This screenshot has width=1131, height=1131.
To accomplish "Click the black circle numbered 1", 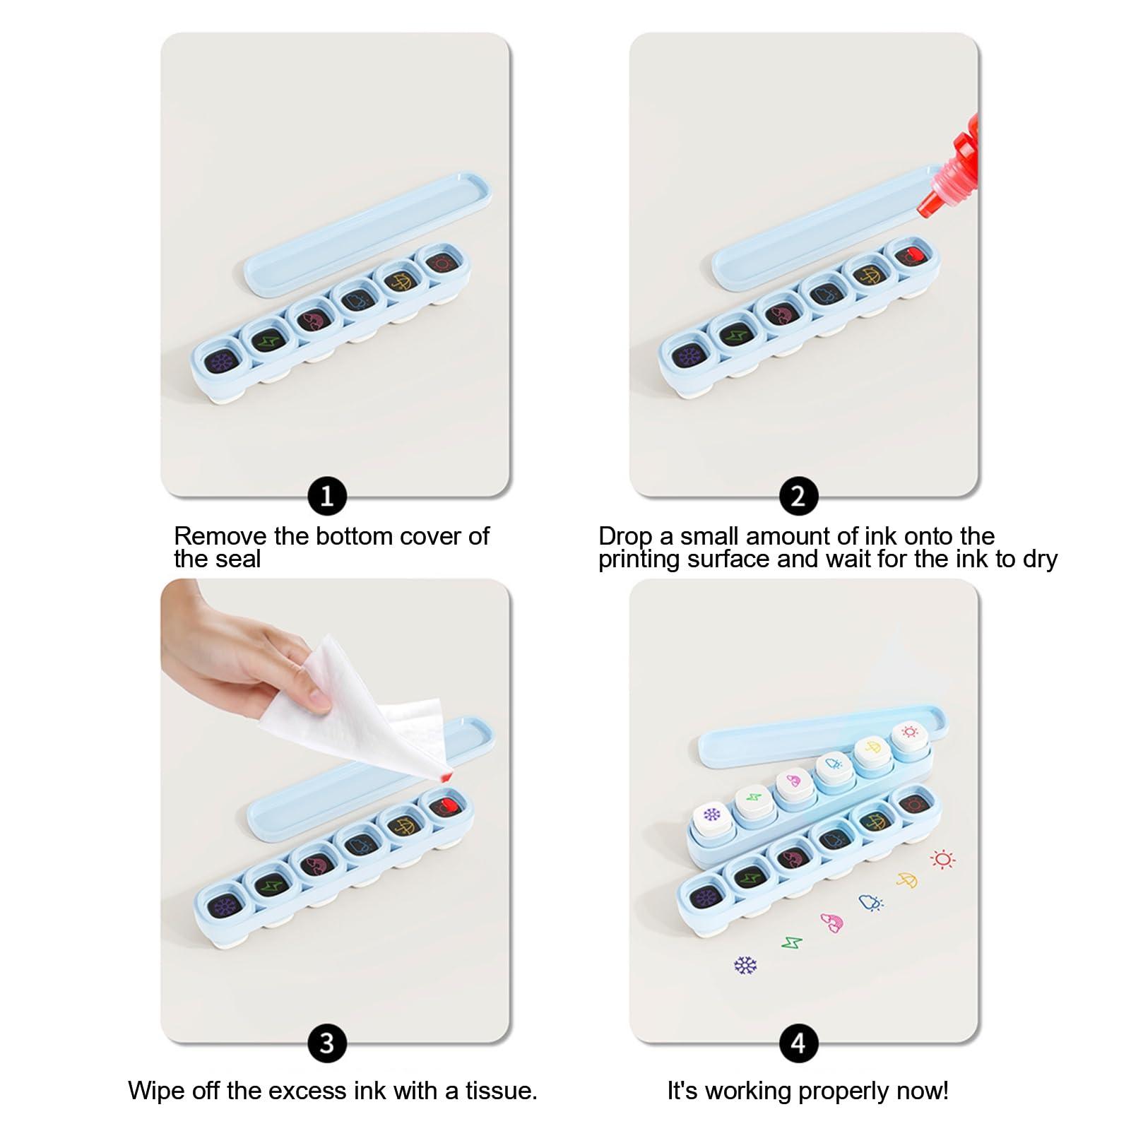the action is [327, 496].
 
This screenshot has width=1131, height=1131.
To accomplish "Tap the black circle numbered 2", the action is [798, 496].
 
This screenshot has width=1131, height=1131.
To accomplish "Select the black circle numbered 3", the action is [327, 1043].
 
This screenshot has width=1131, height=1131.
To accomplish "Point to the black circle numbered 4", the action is [798, 1043].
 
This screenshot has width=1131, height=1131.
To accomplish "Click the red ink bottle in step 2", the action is [950, 170].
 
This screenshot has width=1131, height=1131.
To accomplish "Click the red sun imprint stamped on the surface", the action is [942, 859].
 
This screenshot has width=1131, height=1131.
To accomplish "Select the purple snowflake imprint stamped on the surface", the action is [745, 965].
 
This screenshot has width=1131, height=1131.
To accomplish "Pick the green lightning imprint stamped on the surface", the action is [792, 942].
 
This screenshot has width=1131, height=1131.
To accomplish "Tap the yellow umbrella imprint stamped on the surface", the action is [906, 880].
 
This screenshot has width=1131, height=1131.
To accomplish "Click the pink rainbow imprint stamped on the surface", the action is [831, 922].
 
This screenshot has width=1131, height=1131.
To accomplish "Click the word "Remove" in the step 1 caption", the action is [220, 536].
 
